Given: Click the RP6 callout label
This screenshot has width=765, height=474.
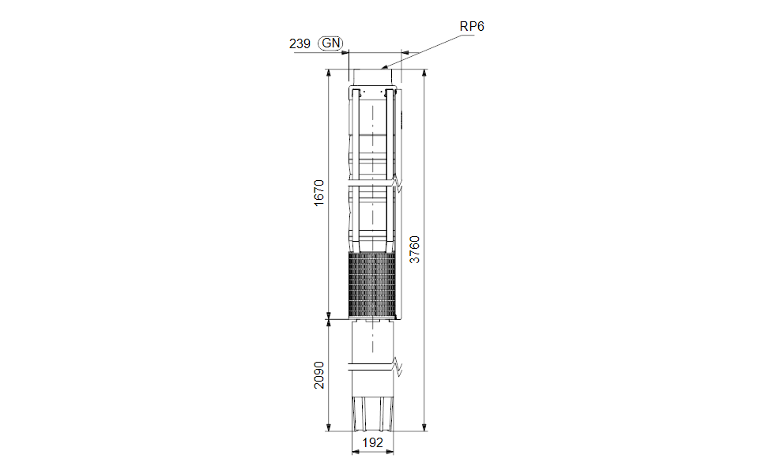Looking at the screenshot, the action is [x=472, y=26].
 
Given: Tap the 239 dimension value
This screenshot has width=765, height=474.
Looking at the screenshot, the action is [x=300, y=44].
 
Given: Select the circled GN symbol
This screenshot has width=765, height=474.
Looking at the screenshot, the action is [x=331, y=43].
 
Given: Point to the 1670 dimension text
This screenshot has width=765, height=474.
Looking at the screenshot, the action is [x=318, y=193].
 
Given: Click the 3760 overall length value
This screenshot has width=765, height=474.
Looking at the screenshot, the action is [x=414, y=250].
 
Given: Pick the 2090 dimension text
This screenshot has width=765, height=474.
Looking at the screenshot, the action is [x=318, y=375].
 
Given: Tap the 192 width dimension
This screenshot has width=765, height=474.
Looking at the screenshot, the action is [x=373, y=442].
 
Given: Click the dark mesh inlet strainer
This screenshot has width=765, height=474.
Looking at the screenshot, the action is [x=371, y=284].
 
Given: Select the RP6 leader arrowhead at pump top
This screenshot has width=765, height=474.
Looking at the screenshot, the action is [x=383, y=67].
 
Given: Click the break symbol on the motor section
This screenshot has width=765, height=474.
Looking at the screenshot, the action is [x=398, y=367].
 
